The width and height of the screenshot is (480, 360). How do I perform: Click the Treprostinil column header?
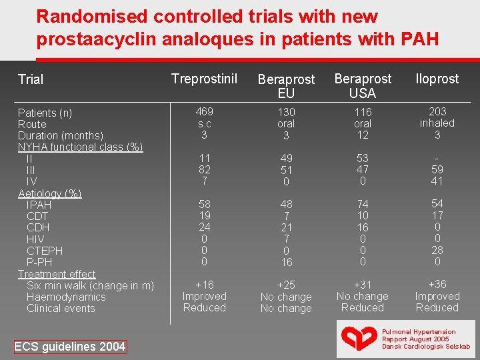pyautogui.click(x=204, y=79)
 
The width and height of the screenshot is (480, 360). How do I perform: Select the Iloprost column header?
pyautogui.click(x=437, y=79)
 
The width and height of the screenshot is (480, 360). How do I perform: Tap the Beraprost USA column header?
pyautogui.click(x=363, y=86)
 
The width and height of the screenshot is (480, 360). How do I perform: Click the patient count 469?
pyautogui.click(x=205, y=111)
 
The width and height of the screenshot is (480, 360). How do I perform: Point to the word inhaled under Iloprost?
pyautogui.click(x=437, y=123)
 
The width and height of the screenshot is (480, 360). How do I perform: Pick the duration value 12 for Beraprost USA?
pyautogui.click(x=363, y=135)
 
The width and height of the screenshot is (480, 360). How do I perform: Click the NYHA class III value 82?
pyautogui.click(x=205, y=169)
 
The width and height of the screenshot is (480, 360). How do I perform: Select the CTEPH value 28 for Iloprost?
pyautogui.click(x=437, y=250)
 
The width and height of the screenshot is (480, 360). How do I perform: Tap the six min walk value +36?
pyautogui.click(x=437, y=284)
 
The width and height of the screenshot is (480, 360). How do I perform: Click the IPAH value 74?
pyautogui.click(x=363, y=204)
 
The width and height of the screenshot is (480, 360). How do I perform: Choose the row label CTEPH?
pyautogui.click(x=45, y=251)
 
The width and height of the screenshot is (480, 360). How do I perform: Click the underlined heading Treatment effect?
pyautogui.click(x=57, y=274)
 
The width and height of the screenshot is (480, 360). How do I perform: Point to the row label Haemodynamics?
pyautogui.click(x=66, y=297)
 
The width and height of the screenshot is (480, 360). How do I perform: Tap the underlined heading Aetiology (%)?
pyautogui.click(x=49, y=194)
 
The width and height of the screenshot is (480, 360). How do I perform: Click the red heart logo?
pyautogui.click(x=359, y=338)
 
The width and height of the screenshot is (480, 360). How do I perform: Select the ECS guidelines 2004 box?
pyautogui.click(x=70, y=347)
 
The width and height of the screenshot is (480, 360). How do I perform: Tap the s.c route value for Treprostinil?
pyautogui.click(x=205, y=124)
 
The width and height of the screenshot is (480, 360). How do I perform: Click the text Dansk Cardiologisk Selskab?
pyautogui.click(x=426, y=347)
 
